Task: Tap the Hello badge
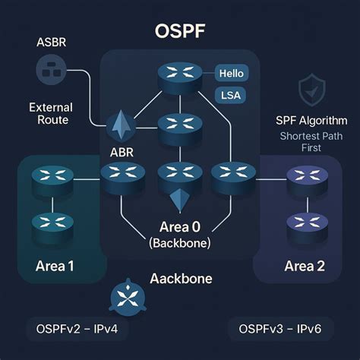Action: tap(230, 74)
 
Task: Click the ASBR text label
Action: tap(50, 41)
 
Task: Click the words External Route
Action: tap(49, 113)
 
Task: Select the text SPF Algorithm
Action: tap(311, 121)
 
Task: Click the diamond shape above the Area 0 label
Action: tap(179, 201)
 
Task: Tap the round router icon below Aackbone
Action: tap(125, 298)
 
